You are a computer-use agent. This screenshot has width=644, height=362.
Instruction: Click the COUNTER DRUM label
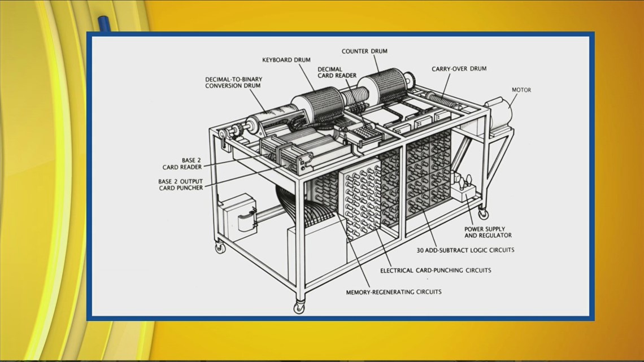[371, 51]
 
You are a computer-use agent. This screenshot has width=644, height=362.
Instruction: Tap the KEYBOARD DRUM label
[286, 59]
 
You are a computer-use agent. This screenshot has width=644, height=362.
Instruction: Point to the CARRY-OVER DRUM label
[459, 69]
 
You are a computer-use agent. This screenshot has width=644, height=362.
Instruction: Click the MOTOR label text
[521, 90]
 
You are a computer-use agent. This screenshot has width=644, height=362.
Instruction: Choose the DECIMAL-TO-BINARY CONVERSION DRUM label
[234, 83]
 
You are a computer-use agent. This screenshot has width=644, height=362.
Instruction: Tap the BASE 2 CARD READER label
[182, 163]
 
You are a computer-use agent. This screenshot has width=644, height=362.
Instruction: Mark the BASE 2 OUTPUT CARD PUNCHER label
[180, 184]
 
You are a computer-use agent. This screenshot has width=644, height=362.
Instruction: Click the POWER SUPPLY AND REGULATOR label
[484, 232]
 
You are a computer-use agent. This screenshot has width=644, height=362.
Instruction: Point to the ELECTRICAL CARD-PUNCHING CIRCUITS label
[435, 271]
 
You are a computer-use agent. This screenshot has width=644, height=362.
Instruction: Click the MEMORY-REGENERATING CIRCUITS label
[394, 292]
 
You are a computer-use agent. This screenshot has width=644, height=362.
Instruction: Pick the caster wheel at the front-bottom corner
[298, 307]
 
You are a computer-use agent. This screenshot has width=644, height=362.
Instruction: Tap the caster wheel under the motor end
[484, 214]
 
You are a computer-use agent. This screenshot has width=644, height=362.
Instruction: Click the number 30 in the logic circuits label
[421, 250]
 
